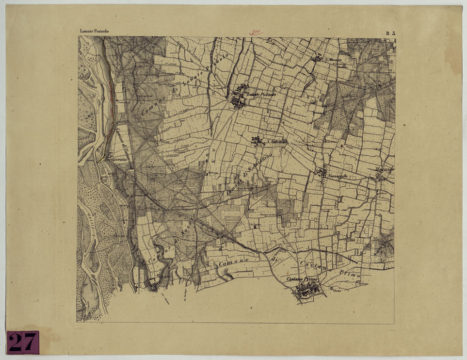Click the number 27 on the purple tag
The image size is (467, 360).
point(22,343)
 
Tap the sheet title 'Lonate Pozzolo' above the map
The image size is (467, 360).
point(94,31)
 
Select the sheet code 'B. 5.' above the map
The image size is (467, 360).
point(391,33)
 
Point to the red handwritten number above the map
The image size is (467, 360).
point(256,33)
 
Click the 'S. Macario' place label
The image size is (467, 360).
point(334,60)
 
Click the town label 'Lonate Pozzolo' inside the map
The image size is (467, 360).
point(261,95)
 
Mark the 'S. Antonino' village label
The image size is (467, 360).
point(277,142)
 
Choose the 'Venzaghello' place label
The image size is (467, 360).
point(338,175)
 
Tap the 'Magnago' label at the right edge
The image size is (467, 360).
point(385,169)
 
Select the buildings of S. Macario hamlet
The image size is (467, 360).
point(317,59)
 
